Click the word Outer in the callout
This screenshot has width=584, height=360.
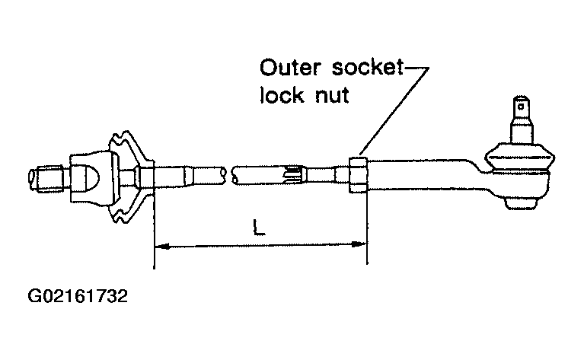coord(290,68)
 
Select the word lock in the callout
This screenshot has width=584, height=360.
coord(282,94)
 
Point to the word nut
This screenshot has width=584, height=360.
coord(332,95)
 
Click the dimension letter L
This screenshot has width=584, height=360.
coord(258,228)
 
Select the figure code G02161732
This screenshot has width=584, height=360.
coord(78,297)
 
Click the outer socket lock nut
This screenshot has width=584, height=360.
coord(358,175)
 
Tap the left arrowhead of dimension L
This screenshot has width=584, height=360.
coord(162,246)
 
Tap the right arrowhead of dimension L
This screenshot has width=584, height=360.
coord(359,244)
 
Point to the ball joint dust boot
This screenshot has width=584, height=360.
coord(519,156)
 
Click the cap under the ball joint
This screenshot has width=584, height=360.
coord(522,203)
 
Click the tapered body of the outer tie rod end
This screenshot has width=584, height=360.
coord(425,175)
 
